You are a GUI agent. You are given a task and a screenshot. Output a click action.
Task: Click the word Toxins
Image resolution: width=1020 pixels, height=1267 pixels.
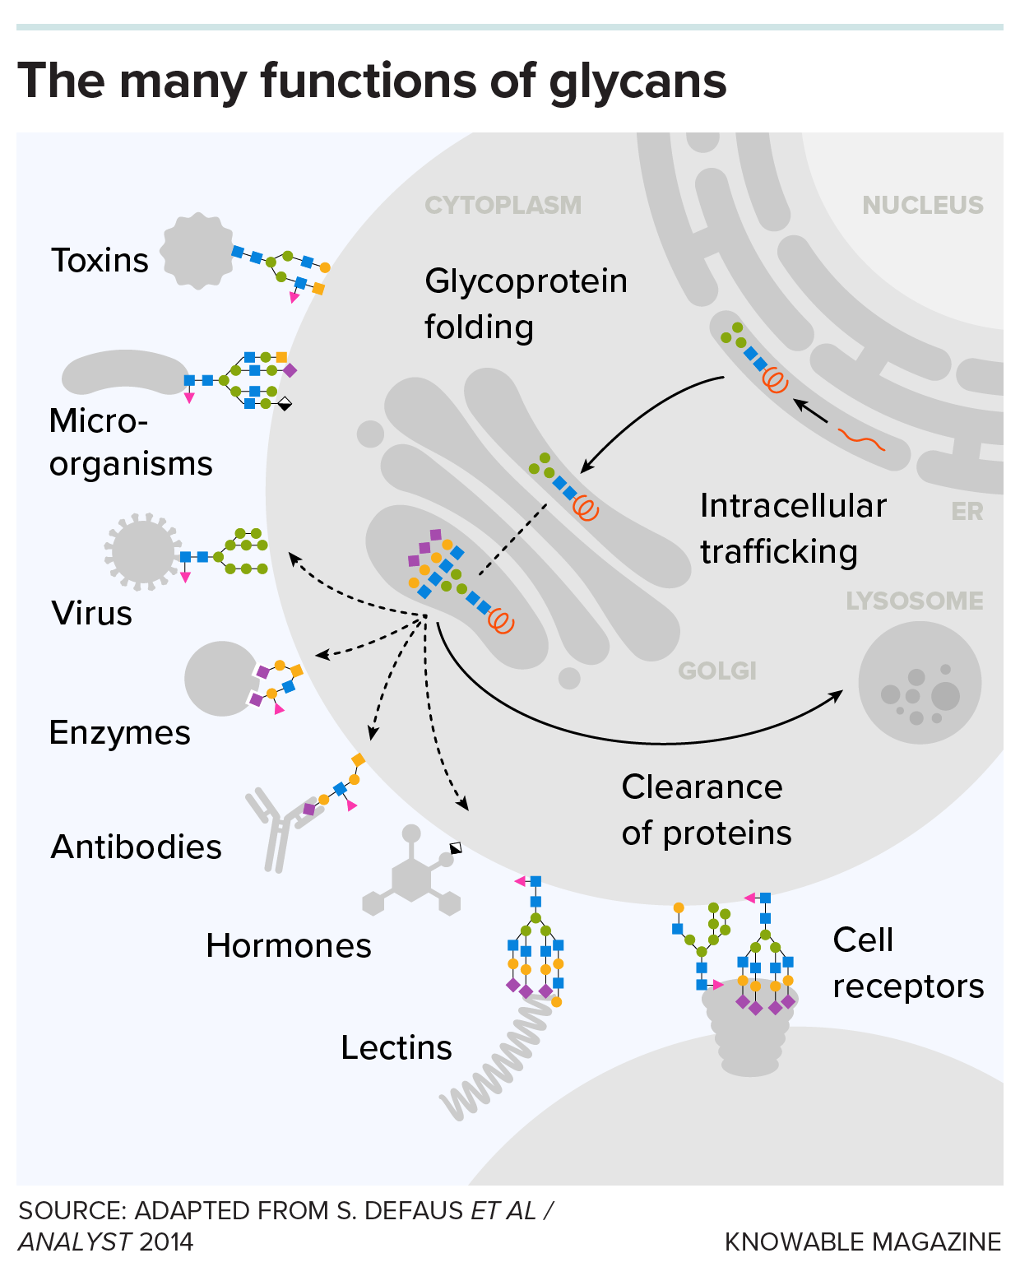100,261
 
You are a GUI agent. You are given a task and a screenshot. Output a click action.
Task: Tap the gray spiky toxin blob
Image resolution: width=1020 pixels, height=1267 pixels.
197,252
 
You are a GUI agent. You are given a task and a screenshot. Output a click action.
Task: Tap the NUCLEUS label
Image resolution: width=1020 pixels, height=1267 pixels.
922,205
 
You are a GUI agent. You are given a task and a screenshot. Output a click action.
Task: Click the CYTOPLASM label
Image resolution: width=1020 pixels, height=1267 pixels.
503,205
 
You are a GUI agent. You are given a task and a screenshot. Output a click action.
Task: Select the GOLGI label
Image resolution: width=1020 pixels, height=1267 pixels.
716,671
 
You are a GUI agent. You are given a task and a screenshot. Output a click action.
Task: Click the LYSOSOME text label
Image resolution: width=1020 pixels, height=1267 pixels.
914,601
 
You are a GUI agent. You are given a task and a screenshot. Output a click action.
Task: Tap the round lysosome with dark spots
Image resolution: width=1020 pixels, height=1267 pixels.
920,683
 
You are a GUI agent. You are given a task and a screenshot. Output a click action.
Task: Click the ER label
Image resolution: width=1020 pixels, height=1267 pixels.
967,512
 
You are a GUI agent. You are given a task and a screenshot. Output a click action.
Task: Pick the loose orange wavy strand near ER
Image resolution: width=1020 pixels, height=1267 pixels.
861,439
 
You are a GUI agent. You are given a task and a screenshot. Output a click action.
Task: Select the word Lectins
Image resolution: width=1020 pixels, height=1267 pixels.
396,1048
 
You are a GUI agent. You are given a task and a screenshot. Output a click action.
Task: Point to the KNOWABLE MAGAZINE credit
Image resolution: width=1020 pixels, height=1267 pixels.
863,1241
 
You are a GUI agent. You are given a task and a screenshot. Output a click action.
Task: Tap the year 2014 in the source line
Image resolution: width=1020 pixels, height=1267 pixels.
166,1241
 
